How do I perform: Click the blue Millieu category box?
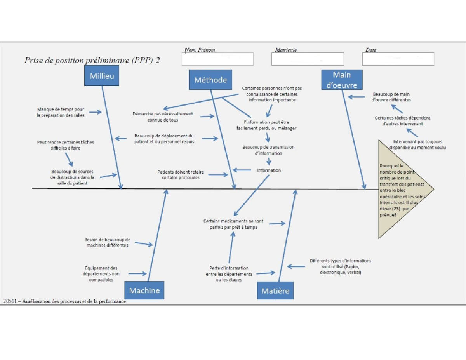point(102,76)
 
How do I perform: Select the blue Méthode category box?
point(210,80)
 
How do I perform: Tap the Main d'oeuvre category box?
point(342,80)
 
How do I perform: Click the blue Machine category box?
point(144,290)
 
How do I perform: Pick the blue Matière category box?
point(275,291)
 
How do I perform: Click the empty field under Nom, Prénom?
point(217,59)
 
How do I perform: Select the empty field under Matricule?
point(308,59)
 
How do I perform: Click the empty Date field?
point(398,59)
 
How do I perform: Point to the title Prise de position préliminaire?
point(92,60)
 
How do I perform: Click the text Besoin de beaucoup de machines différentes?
point(107,242)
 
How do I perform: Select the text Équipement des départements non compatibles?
point(101,274)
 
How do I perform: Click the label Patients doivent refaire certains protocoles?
point(181,175)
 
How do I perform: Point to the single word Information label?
point(269,170)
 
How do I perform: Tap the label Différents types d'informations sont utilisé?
point(340,266)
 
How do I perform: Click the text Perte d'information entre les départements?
point(229,274)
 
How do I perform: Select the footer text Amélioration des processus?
point(64,301)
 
